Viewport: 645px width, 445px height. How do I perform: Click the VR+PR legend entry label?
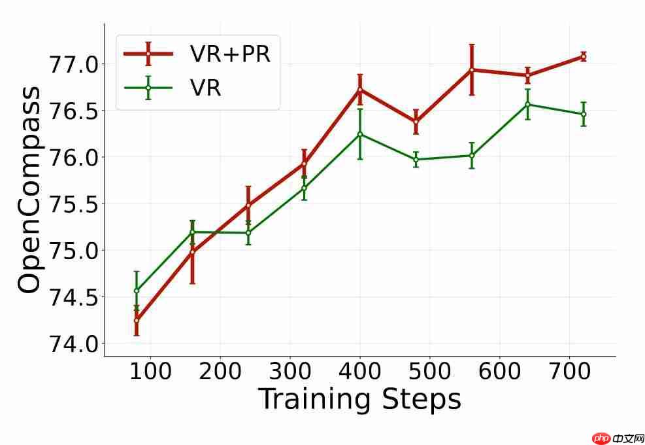pos(230,54)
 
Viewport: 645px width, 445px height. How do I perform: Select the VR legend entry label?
pos(205,88)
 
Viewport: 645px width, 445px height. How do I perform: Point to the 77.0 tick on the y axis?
pos(73,64)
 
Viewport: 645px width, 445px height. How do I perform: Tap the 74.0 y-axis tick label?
pos(73,344)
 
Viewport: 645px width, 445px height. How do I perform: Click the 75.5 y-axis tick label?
pos(73,204)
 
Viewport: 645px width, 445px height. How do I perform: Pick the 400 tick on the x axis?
pos(360,371)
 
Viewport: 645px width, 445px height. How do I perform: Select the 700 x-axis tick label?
pos(569,371)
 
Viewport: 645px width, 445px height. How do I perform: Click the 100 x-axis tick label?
pos(150,371)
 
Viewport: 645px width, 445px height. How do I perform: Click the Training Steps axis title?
pos(359,399)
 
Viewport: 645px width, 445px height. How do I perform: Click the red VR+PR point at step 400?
pos(360,90)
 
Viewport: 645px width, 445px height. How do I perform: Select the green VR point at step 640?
pos(527,104)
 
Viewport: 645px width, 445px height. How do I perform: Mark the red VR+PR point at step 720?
pos(584,56)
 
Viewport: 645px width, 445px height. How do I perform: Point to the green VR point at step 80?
pos(137,291)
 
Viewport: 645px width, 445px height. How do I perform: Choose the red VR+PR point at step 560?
pos(472,69)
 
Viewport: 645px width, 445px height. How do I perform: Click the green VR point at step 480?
pos(416,160)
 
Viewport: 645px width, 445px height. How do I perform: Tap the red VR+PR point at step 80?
pos(137,321)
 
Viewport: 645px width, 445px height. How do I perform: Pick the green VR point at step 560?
pos(472,155)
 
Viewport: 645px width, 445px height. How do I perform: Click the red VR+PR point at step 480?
pos(416,122)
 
